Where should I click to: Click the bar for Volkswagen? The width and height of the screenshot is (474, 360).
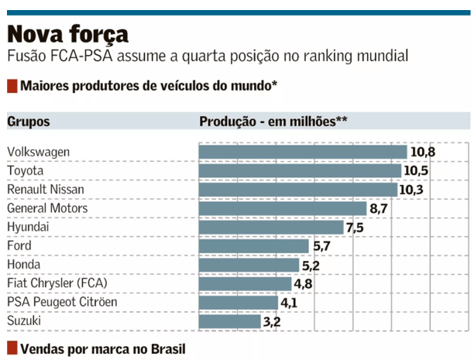pyautogui.click(x=303, y=152)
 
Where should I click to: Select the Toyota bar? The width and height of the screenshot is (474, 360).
pyautogui.click(x=300, y=170)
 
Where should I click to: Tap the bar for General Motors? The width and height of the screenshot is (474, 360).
pyautogui.click(x=283, y=208)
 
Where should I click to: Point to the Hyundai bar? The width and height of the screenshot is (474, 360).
pyautogui.click(x=271, y=227)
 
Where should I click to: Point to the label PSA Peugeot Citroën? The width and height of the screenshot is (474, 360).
pyautogui.click(x=62, y=302)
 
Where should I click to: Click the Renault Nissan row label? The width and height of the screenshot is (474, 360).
pyautogui.click(x=46, y=190)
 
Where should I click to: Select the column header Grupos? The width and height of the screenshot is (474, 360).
pyautogui.click(x=29, y=122)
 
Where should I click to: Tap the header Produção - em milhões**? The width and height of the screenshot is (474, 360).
pyautogui.click(x=273, y=122)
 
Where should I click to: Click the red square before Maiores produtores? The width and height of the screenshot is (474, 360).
pyautogui.click(x=12, y=85)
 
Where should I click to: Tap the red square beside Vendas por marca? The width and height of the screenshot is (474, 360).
pyautogui.click(x=12, y=348)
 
